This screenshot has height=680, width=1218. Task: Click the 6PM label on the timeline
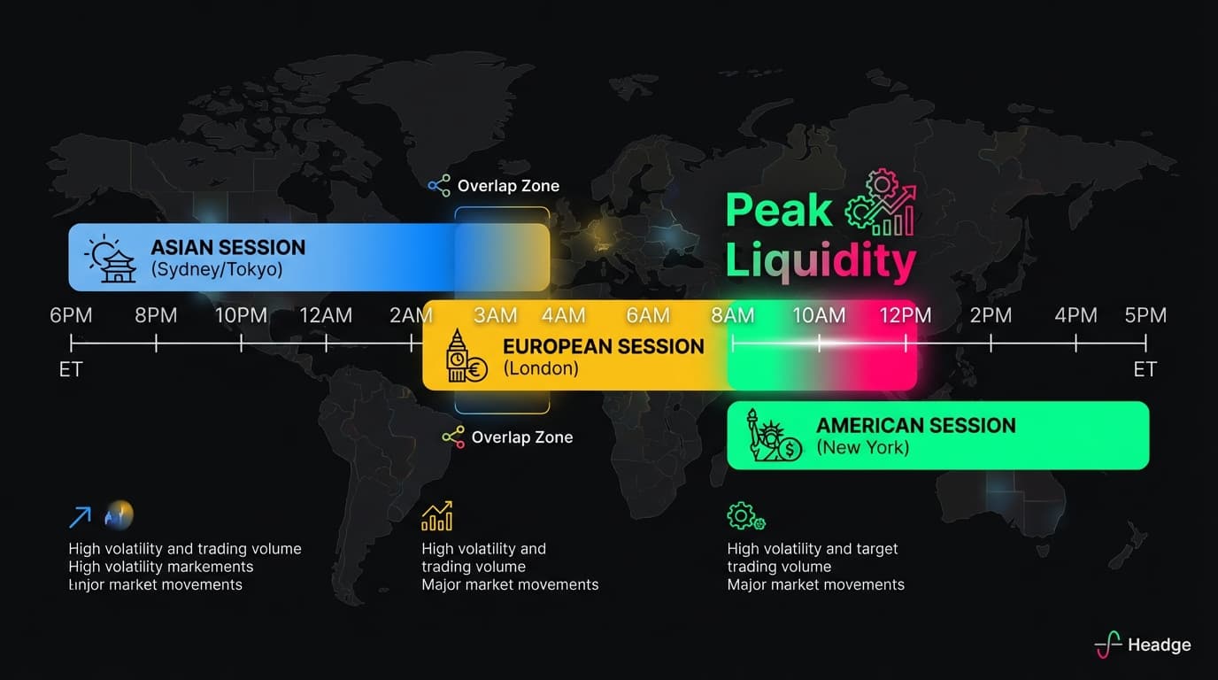pyautogui.click(x=71, y=315)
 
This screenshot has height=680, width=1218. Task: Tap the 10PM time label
pyautogui.click(x=241, y=315)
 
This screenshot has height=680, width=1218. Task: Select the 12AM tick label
pyautogui.click(x=326, y=315)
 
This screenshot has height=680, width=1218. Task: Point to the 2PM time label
pyautogui.click(x=991, y=315)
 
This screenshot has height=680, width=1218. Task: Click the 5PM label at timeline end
pyautogui.click(x=1145, y=315)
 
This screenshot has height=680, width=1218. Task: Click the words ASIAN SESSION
pyautogui.click(x=227, y=248)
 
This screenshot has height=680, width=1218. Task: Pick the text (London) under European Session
pyautogui.click(x=541, y=369)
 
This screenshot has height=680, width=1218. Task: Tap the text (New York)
pyautogui.click(x=862, y=448)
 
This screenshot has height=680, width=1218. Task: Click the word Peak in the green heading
pyautogui.click(x=779, y=211)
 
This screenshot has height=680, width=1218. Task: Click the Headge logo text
pyautogui.click(x=1159, y=645)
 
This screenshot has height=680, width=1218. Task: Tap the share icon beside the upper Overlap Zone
pyautogui.click(x=439, y=186)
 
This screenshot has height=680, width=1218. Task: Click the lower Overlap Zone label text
pyautogui.click(x=521, y=437)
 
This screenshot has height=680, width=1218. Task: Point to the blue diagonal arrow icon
pyautogui.click(x=80, y=516)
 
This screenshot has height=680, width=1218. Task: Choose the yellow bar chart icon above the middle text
pyautogui.click(x=437, y=516)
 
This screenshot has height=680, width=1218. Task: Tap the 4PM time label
pyautogui.click(x=1075, y=315)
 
